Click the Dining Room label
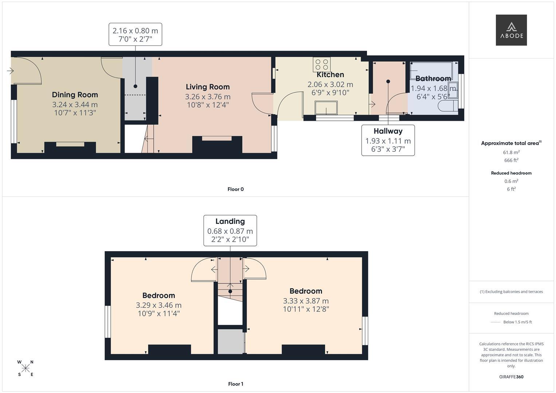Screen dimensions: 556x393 coord(75,95)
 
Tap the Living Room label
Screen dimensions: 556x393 coord(208,87)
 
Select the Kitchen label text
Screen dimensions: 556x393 coord(330,75)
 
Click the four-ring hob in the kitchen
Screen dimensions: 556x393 coord(322,64)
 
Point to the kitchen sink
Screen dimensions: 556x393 coord(326,108)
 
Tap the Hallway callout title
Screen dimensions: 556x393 coord(388,131)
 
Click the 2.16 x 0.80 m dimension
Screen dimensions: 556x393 coord(135,31)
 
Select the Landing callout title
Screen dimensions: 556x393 coord(230,221)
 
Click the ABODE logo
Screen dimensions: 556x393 coord(511,30)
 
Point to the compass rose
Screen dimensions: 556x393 coord(25,368)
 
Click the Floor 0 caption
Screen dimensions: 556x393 coord(236,189)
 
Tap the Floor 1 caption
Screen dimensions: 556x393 coord(236,384)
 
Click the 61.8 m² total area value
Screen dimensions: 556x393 coord(511,152)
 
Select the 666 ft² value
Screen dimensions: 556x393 coord(511,160)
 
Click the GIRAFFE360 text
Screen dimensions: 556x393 coord(511,377)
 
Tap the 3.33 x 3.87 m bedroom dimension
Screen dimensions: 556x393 coord(306,301)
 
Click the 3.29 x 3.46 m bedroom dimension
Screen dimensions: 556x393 coord(159,305)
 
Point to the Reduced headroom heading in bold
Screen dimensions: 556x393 coord(511,173)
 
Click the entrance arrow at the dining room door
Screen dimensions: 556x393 coord(10,71)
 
